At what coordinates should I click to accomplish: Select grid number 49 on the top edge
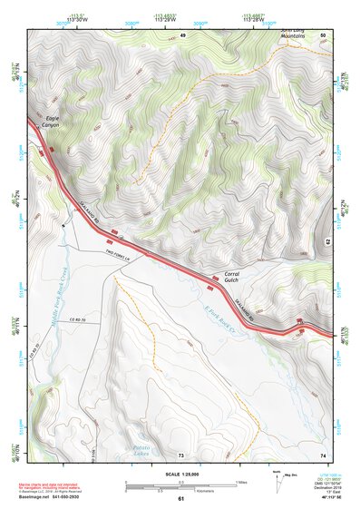[182, 34]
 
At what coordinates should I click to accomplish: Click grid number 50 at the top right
[323, 34]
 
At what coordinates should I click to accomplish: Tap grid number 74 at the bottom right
[323, 455]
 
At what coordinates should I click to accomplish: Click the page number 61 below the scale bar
[180, 499]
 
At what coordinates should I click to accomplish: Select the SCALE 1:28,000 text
[180, 473]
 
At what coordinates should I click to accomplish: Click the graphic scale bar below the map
[180, 485]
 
